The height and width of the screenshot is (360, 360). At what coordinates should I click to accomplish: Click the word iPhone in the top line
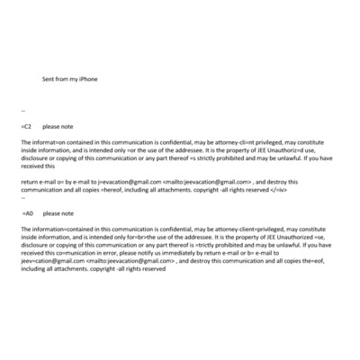pyautogui.click(x=87, y=79)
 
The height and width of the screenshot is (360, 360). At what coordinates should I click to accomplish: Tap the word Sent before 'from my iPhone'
pyautogui.click(x=49, y=79)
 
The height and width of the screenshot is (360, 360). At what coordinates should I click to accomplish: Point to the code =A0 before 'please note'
pyautogui.click(x=28, y=213)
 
